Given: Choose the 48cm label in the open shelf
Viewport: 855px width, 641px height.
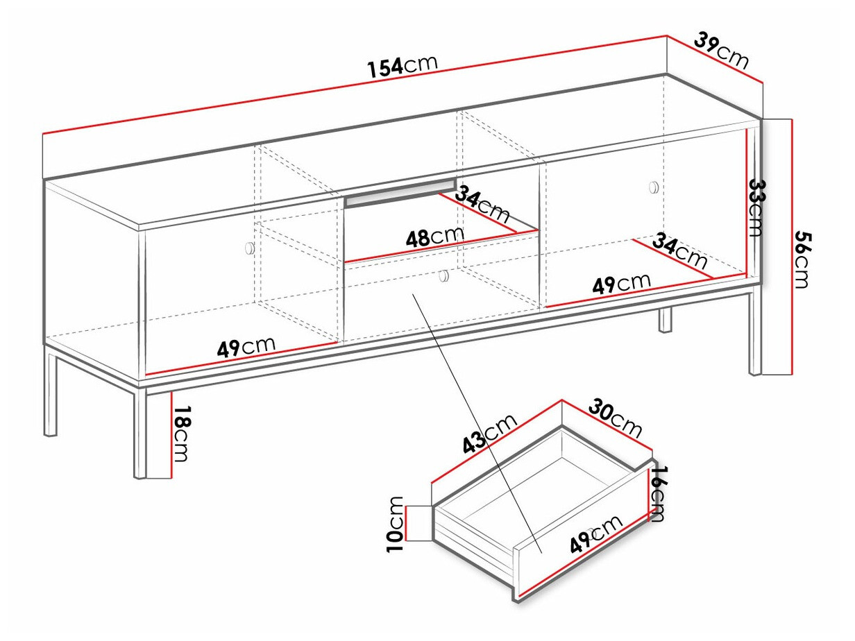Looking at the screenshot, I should click(434, 237).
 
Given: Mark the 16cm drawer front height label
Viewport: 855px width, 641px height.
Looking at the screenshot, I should click(658, 493).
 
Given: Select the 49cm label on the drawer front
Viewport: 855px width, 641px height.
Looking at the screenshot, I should click(597, 535).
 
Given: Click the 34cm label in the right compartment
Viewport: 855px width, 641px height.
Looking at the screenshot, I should click(679, 252).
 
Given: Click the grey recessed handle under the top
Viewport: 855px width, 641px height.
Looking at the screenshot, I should click(400, 194).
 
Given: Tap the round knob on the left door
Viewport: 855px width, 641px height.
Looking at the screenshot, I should click(250, 248).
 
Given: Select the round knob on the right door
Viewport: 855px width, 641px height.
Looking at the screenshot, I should click(653, 187).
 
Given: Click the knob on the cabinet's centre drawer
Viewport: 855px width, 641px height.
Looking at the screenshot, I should click(443, 276).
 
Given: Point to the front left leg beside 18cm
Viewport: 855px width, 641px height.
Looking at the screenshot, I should click(141, 434).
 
